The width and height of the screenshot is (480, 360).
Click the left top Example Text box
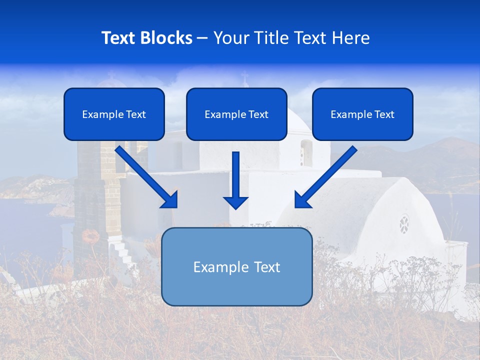pos(114,114)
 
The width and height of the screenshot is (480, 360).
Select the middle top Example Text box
pos(236,114)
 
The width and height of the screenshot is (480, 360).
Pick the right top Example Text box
pos(362,114)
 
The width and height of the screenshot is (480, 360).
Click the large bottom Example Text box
pos(237,267)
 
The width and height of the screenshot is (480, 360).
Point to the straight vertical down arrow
pos(235,180)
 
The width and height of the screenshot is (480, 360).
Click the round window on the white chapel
pos(404,224)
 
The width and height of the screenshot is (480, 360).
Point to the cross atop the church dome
pos(244,78)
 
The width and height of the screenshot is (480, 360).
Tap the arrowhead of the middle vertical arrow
pos(235,202)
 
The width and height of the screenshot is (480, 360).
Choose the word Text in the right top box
pos(384,114)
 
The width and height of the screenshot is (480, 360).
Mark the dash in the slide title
pos(202,38)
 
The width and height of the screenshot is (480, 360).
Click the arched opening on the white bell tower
pos(306,152)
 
